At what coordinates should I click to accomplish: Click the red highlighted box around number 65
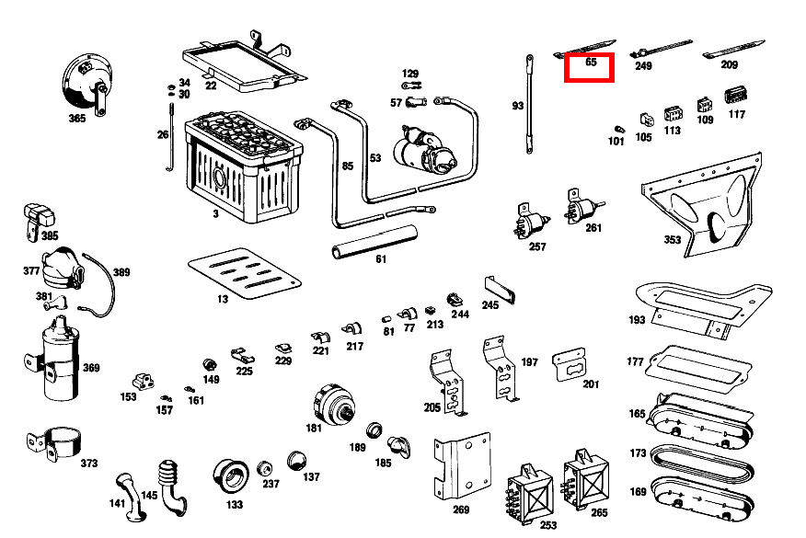coord(589,67)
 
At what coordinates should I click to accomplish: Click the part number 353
coord(673,240)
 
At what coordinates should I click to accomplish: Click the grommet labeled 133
coord(231,475)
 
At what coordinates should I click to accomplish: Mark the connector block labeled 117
coord(734,96)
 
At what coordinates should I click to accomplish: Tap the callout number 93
coord(518,107)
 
